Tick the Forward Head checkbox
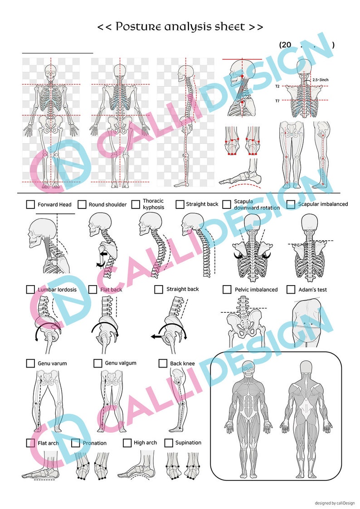click(31, 205)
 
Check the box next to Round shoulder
click(82, 205)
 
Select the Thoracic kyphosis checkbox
click(136, 204)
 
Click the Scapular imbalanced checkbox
click(291, 204)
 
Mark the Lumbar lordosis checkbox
click(31, 289)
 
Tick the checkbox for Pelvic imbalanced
click(227, 289)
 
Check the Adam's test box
click(291, 289)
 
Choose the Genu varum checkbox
click(31, 363)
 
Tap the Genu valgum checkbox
click(97, 363)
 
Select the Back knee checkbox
click(163, 363)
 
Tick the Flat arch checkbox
click(31, 443)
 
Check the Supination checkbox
click(169, 443)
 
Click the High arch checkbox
click(127, 443)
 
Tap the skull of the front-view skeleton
click(51, 71)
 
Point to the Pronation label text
click(95, 443)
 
